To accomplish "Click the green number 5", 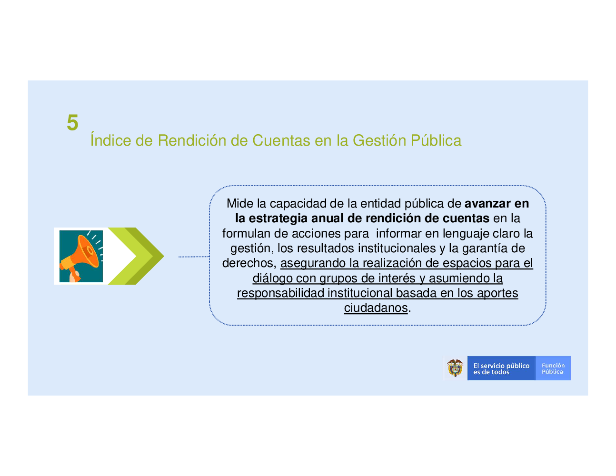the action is coord(72,122).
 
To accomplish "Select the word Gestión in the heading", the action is coord(379,140).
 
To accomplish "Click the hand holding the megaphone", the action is coord(75,276).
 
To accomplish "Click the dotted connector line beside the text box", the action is coord(194,257).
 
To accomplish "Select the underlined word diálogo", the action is coord(272,278).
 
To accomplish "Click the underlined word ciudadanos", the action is coord(376,308).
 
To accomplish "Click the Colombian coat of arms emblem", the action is coord(455,368).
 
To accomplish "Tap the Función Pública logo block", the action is coord(553,368).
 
